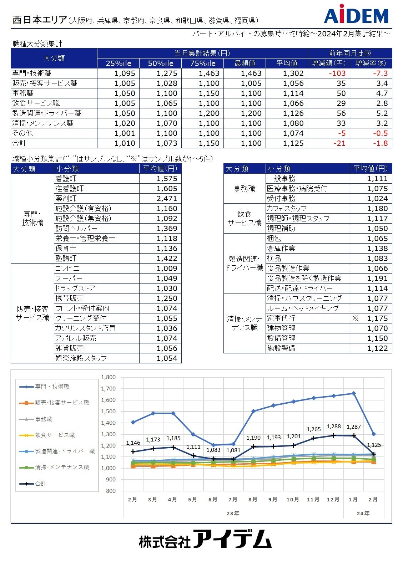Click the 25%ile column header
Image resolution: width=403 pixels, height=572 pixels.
[x=118, y=63]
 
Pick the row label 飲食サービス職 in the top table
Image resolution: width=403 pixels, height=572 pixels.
[x=36, y=103]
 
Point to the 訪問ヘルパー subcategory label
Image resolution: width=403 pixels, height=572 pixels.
[x=76, y=229]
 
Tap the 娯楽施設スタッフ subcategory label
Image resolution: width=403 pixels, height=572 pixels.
[x=81, y=358]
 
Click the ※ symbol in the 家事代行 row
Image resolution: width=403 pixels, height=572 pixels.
[x=354, y=318]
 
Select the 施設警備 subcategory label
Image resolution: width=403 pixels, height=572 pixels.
[x=281, y=348]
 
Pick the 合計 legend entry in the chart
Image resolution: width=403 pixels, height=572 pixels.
[x=40, y=484]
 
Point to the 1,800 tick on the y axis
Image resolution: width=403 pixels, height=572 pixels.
[x=109, y=377]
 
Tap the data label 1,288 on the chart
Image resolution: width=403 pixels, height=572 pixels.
[x=334, y=427]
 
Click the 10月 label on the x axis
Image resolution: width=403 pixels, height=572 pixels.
[x=293, y=499]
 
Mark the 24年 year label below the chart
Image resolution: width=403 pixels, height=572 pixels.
[x=363, y=513]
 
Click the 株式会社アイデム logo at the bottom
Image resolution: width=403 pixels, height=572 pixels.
[x=205, y=539]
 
